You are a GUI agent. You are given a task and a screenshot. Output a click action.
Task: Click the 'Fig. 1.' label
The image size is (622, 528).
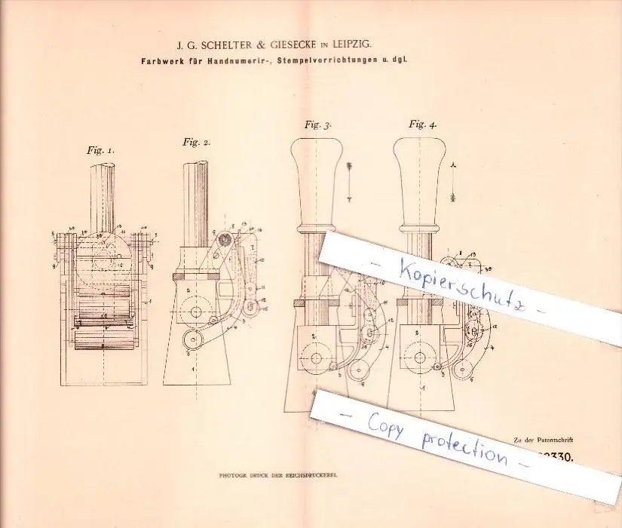click(100, 150)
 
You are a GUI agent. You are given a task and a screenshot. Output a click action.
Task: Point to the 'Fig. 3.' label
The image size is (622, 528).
click(318, 125)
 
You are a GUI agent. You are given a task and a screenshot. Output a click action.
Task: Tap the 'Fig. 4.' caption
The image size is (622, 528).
click(422, 124)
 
